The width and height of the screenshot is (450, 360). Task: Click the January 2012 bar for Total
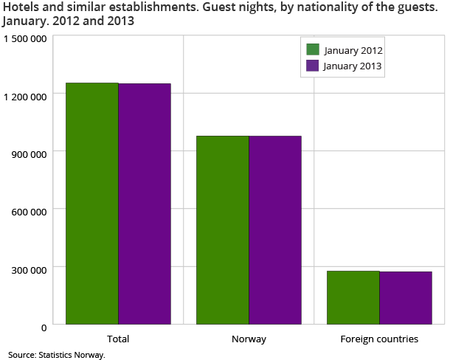pyautogui.click(x=92, y=203)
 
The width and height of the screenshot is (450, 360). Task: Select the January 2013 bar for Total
pyautogui.click(x=145, y=204)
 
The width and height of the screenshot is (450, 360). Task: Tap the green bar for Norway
pyautogui.click(x=222, y=229)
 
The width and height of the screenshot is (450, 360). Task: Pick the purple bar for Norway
pyautogui.click(x=275, y=229)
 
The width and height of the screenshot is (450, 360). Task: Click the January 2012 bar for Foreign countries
pyautogui.click(x=353, y=297)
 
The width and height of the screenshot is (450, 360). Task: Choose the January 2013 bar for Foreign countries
pyautogui.click(x=405, y=297)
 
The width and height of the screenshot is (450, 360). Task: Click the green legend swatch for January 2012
pyautogui.click(x=313, y=50)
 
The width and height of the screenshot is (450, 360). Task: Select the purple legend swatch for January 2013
pyautogui.click(x=313, y=66)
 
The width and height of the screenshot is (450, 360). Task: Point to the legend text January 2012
pyautogui.click(x=353, y=50)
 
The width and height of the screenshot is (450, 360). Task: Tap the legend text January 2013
pyautogui.click(x=353, y=66)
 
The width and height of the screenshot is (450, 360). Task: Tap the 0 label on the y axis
pyautogui.click(x=45, y=326)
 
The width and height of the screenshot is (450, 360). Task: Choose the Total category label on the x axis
pyautogui.click(x=118, y=339)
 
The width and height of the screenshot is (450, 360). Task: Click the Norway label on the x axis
pyautogui.click(x=249, y=339)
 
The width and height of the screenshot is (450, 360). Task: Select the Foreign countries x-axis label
pyautogui.click(x=379, y=339)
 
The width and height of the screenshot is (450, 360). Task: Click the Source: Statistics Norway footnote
pyautogui.click(x=58, y=355)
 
